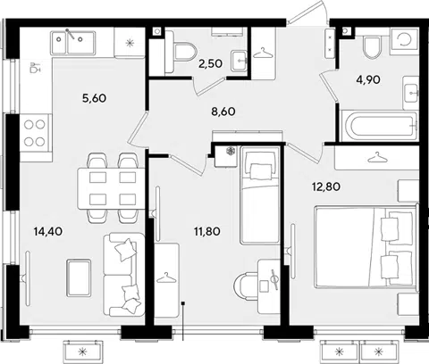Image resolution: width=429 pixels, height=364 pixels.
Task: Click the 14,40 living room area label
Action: click(48, 231)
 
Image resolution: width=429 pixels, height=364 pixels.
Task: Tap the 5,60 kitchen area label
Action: click(94, 98)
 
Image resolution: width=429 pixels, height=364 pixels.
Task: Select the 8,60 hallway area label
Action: click(223, 112)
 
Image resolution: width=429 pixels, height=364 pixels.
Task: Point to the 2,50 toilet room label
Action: click(210, 63)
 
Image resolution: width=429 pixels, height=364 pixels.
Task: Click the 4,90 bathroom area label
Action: click(368, 79)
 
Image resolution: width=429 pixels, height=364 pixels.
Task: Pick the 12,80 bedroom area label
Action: click(326, 186)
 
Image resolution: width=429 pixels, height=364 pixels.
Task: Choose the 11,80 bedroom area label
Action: click(207, 231)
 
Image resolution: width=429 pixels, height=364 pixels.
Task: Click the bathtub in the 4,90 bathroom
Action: click(379, 126)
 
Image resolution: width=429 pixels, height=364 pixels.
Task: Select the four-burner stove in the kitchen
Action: click(35, 134)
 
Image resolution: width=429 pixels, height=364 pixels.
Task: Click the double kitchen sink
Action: click(73, 43)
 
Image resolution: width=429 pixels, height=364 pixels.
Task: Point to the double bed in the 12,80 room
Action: click(366, 247)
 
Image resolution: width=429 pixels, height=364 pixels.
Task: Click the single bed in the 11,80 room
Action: click(260, 195)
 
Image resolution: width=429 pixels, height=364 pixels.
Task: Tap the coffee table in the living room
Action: click(79, 277)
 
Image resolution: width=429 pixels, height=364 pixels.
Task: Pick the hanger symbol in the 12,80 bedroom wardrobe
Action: click(377, 157)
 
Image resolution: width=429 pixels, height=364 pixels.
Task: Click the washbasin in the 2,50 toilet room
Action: click(240, 61)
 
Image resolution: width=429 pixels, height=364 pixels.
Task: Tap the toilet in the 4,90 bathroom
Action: click(372, 47)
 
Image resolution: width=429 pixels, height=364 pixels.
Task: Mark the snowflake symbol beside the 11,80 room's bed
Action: click(230, 151)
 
